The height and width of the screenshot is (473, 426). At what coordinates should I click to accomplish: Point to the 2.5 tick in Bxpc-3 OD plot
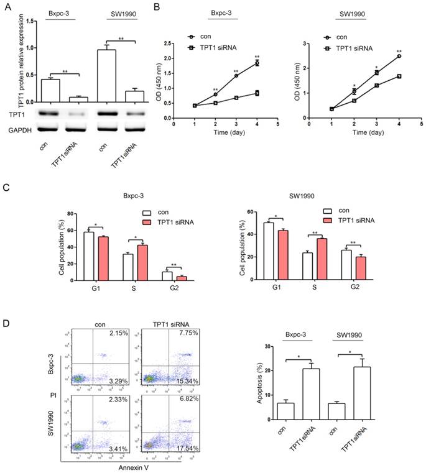[x=164, y=44]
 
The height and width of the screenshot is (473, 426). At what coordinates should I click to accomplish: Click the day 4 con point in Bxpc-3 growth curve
[x=256, y=63]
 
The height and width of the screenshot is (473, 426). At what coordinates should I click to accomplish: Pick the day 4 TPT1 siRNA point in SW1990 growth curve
[x=397, y=76]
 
